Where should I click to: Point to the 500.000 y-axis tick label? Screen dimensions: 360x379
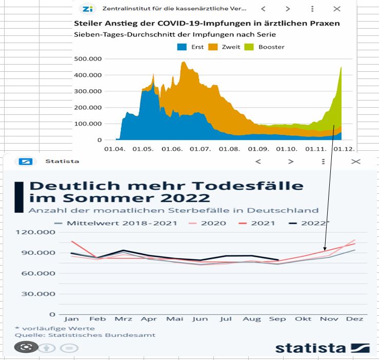click(88, 58)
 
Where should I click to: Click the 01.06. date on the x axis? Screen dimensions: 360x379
click(172, 149)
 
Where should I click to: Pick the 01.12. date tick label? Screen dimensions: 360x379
click(344, 149)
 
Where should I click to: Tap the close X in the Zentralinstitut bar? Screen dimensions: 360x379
click(337, 9)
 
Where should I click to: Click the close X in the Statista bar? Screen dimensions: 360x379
click(355, 162)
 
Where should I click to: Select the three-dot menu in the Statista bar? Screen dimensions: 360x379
click(323, 162)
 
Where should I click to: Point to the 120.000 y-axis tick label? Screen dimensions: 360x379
click(33, 232)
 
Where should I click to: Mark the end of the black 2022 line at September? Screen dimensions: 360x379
click(278, 260)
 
